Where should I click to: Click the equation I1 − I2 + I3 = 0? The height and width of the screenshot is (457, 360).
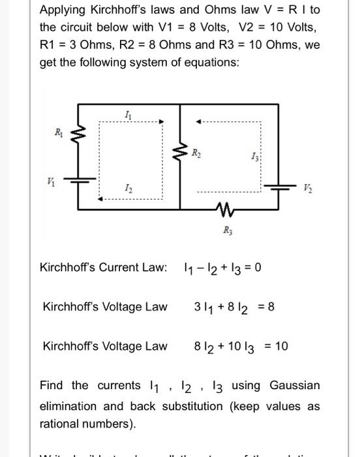point(223,268)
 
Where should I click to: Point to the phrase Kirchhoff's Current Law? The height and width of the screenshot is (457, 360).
point(103,268)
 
